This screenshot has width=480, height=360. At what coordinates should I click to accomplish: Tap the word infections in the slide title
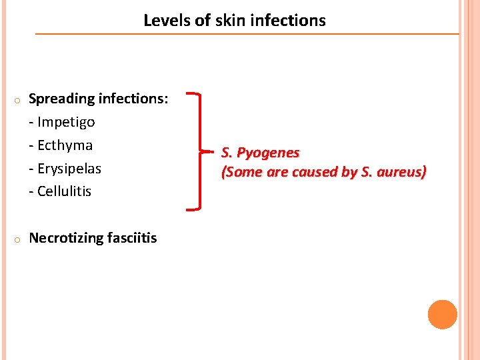(x=288, y=21)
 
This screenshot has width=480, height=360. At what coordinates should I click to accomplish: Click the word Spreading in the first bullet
(x=63, y=99)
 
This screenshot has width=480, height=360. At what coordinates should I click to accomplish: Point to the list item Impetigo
(x=66, y=122)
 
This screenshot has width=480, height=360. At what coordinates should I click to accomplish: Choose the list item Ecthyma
(x=65, y=145)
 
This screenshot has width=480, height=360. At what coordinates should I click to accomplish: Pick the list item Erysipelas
(x=69, y=169)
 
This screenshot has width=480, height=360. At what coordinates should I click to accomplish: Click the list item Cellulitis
(x=64, y=191)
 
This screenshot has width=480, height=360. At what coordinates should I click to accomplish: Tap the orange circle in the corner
(x=442, y=315)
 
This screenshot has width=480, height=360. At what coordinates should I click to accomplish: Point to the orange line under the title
(x=247, y=33)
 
